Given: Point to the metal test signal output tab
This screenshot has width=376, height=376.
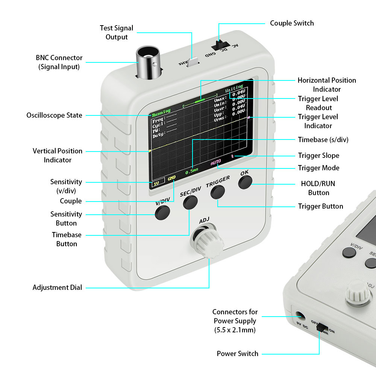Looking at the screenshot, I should click(x=193, y=62).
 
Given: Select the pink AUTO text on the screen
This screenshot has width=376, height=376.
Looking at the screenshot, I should click(x=215, y=163).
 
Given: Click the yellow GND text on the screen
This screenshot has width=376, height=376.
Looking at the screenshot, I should click(x=171, y=178).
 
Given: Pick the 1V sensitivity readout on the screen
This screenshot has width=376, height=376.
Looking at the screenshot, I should click(x=156, y=183).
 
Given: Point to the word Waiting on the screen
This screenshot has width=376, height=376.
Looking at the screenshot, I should click(x=234, y=91).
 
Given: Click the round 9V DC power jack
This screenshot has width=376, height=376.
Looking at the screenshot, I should click(x=300, y=316).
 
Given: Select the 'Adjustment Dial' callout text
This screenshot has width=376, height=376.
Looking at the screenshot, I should click(x=57, y=288).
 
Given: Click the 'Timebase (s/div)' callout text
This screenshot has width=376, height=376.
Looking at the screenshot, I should click(x=323, y=139).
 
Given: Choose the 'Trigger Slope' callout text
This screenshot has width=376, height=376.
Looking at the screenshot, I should click(x=318, y=156).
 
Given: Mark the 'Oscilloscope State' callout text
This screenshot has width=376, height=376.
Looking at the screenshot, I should click(x=54, y=115).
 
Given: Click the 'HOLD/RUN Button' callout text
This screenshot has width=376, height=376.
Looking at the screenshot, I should click(x=318, y=188).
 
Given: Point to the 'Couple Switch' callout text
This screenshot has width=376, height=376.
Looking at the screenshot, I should click(x=292, y=23).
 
